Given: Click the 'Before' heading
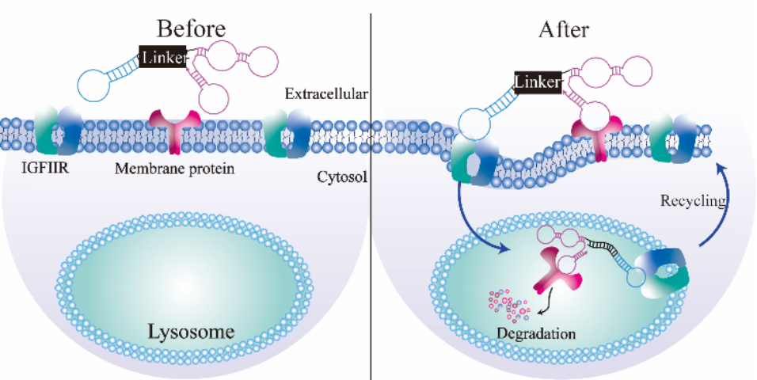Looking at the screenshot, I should point(192,29).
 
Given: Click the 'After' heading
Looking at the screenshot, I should point(564,30).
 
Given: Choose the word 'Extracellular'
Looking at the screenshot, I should point(326,94).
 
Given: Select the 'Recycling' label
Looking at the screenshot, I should point(693,200).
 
